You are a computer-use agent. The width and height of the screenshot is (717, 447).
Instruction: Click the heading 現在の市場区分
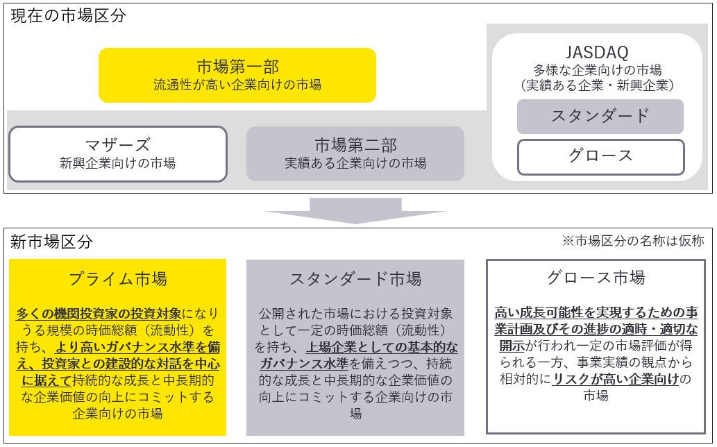68,15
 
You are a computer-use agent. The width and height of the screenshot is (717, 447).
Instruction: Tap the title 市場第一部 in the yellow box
237,67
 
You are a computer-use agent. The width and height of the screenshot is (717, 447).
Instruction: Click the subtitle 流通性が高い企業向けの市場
237,85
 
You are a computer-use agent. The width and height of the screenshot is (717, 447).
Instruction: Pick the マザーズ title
117,144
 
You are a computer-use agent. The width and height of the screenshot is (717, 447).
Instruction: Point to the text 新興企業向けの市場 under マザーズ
117,163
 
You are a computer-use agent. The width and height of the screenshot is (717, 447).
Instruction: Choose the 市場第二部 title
355,144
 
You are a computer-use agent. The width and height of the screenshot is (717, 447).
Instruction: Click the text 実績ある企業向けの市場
355,163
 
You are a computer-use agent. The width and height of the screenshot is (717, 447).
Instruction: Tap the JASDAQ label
597,51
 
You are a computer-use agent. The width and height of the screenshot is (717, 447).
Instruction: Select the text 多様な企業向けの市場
597,69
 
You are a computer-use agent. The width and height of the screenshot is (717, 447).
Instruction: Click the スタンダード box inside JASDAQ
600,116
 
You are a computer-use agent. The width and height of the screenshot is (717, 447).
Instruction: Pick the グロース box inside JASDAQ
600,156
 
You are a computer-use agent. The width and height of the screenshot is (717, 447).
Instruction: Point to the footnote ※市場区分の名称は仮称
633,241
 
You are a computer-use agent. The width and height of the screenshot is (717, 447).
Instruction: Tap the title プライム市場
118,279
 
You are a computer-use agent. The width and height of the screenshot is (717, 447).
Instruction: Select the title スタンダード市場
355,279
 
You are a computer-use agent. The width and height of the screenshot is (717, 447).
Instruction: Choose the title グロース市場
596,278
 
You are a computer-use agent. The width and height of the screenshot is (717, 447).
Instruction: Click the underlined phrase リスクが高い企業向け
616,379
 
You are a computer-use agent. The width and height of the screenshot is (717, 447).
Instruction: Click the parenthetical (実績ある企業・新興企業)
597,85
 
